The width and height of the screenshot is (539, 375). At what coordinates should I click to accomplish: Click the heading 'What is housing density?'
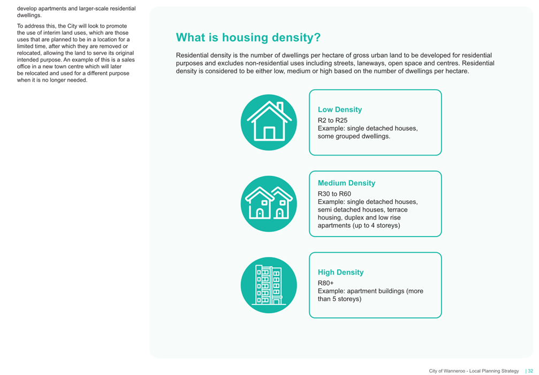248,37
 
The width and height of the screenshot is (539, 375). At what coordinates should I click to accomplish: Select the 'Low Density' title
340,110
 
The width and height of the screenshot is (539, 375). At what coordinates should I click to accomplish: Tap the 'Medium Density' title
346,183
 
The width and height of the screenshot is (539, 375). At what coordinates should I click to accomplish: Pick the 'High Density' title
340,272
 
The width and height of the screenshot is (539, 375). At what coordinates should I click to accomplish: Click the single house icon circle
269,122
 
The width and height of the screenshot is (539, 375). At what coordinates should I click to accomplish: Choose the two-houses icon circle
269,204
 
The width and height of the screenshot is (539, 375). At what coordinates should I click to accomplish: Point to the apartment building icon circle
269,285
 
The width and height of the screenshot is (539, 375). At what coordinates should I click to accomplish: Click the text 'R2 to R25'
332,120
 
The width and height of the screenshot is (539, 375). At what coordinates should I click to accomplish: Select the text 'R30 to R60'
334,194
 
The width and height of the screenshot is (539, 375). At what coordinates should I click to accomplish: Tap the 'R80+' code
325,283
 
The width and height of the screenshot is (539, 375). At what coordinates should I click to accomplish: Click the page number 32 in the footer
530,371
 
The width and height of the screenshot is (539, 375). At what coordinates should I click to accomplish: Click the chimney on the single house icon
280,106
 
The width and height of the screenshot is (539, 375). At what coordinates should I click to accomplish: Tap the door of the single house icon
269,133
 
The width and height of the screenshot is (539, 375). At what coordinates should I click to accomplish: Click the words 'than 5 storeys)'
339,299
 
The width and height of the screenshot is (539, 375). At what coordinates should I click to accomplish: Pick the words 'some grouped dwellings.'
354,136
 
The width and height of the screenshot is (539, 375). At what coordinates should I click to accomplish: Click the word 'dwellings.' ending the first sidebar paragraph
29,15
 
